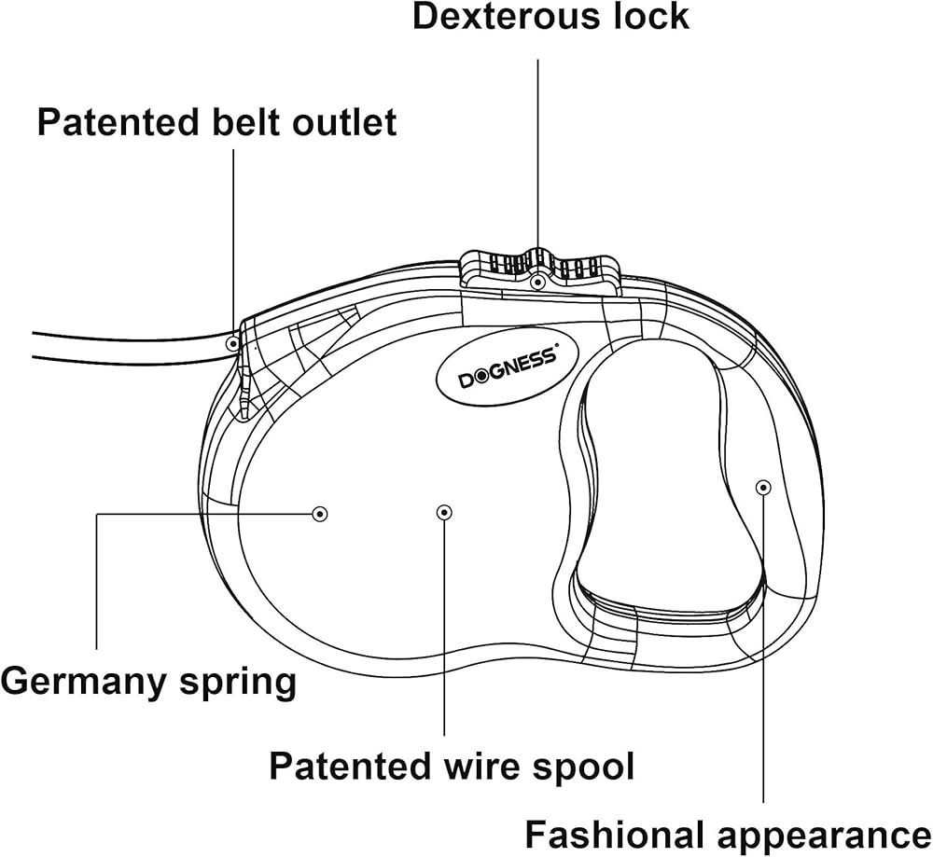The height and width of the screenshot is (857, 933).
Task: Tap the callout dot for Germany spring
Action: click(x=320, y=513)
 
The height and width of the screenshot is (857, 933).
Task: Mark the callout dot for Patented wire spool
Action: click(x=444, y=511)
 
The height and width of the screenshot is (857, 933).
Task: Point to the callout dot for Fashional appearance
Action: click(x=763, y=486)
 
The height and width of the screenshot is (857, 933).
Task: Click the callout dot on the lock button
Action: click(x=537, y=281)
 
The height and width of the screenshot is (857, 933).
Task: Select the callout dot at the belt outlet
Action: click(x=232, y=343)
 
